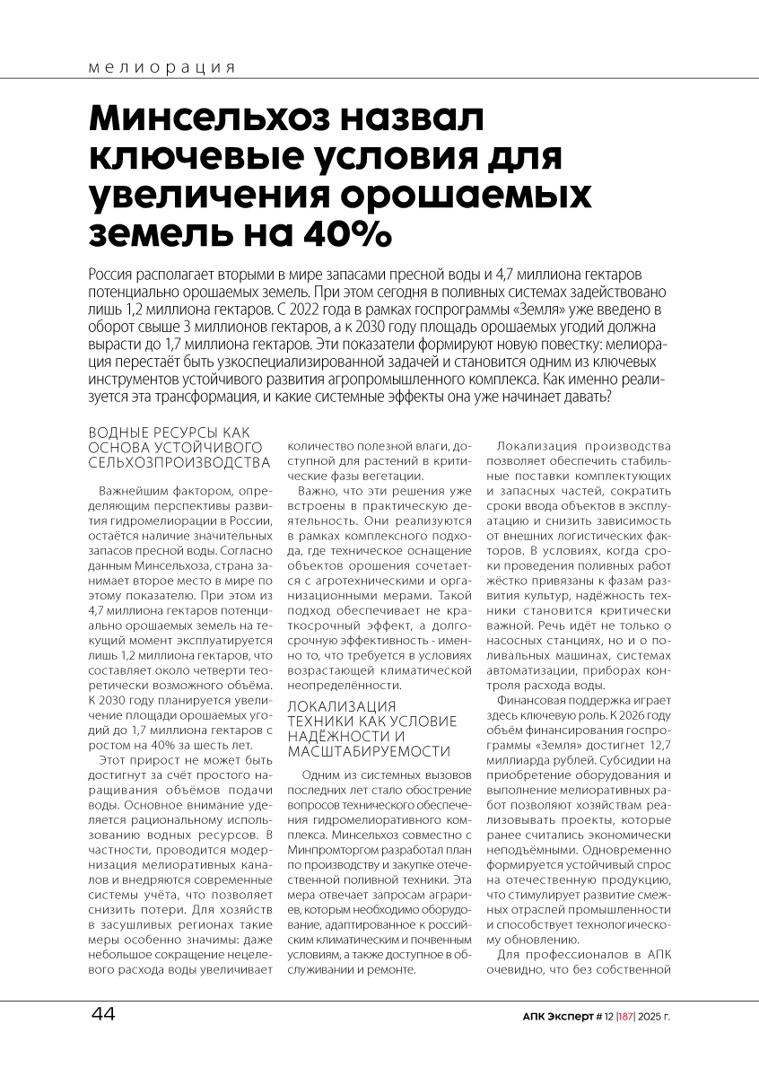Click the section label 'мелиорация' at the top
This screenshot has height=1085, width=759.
(162, 67)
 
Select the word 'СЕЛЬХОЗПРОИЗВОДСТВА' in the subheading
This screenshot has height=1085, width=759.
(179, 462)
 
